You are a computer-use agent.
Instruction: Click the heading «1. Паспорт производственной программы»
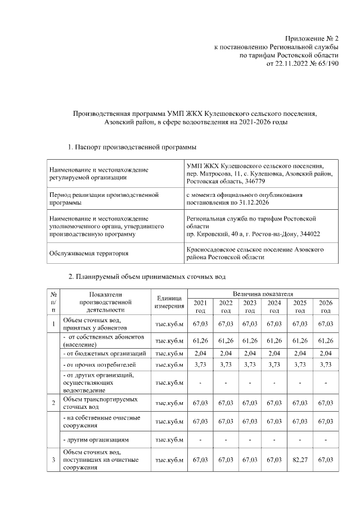click(132, 147)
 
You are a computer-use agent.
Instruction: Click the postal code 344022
click(307, 233)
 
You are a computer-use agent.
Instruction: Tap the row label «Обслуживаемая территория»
click(89, 253)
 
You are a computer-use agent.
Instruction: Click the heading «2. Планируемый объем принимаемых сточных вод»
click(148, 277)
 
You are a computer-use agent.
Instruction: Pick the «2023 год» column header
click(250, 307)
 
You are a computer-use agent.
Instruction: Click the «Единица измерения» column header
click(169, 301)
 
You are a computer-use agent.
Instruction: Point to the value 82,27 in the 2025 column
click(300, 461)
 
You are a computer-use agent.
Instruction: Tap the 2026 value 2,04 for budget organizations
click(325, 353)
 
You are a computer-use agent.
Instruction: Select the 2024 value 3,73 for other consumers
click(274, 366)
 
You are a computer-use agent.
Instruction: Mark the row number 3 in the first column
click(53, 461)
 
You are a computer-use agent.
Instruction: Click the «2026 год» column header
click(325, 307)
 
